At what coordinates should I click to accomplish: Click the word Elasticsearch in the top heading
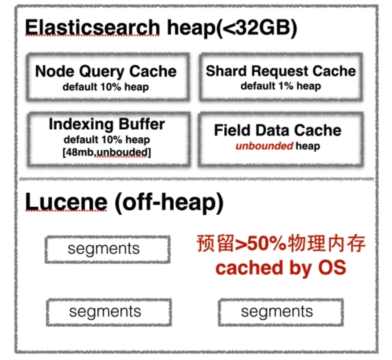(92, 28)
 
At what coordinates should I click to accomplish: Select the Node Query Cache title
(106, 71)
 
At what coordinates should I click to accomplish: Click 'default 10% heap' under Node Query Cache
(106, 87)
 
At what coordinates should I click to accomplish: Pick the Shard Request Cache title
(281, 71)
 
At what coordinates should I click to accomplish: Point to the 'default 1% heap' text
(281, 86)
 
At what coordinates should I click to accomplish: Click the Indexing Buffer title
(107, 124)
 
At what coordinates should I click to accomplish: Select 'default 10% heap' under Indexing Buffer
(107, 139)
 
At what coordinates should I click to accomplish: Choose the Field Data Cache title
(278, 130)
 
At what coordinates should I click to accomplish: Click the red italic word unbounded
(264, 146)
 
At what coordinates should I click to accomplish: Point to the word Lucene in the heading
(66, 203)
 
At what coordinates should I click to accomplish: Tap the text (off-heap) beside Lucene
(169, 203)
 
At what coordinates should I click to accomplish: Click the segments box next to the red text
(107, 249)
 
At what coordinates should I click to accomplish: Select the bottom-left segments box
(109, 312)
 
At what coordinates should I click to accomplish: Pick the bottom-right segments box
(281, 312)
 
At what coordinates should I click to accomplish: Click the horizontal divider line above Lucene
(196, 179)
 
